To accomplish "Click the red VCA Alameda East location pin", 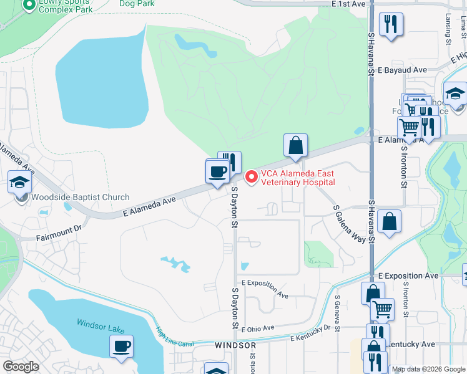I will tap(252, 177).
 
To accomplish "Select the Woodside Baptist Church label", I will tap(72, 198).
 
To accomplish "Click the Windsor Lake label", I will tap(101, 324).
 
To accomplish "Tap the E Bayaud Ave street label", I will tap(401, 70).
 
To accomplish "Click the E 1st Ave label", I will tap(348, 4).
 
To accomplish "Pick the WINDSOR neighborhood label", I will tap(235, 345).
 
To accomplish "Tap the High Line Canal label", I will tap(175, 338).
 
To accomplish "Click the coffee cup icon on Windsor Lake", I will tap(121, 345).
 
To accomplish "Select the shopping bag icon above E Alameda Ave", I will tap(295, 145).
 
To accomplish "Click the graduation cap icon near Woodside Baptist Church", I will tap(19, 182).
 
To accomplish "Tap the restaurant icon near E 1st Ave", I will tap(391, 24).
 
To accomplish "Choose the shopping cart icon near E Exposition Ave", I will tap(382, 309).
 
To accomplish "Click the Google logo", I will tap(21, 367).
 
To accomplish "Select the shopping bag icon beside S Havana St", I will tap(389, 221).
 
